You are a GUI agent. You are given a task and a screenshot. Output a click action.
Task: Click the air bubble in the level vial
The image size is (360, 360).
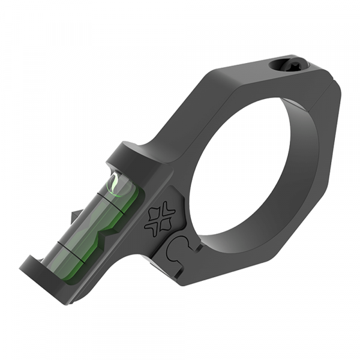pos(115,184)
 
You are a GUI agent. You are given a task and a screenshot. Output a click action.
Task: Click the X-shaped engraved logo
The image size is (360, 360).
pos(161,218)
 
